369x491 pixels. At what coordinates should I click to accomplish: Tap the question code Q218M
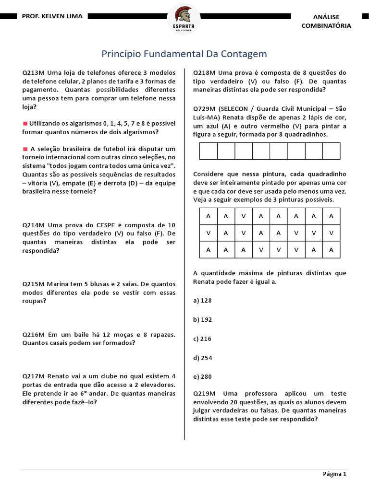(x=204, y=72)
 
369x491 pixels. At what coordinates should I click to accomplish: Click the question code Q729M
(x=204, y=109)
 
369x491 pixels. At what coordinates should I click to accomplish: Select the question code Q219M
(x=204, y=393)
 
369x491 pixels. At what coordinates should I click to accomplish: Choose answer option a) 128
(x=202, y=300)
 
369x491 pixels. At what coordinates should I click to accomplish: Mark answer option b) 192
(x=202, y=319)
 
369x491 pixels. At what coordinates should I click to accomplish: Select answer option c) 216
(x=202, y=339)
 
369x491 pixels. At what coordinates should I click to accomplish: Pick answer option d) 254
(x=202, y=358)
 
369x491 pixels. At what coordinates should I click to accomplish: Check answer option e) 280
(x=202, y=376)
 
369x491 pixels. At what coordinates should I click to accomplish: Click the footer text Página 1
(x=334, y=474)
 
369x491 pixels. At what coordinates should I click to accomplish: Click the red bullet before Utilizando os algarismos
(x=25, y=124)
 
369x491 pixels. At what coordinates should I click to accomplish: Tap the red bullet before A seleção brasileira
(x=25, y=149)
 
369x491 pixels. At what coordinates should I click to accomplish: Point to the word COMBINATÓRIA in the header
(x=326, y=25)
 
